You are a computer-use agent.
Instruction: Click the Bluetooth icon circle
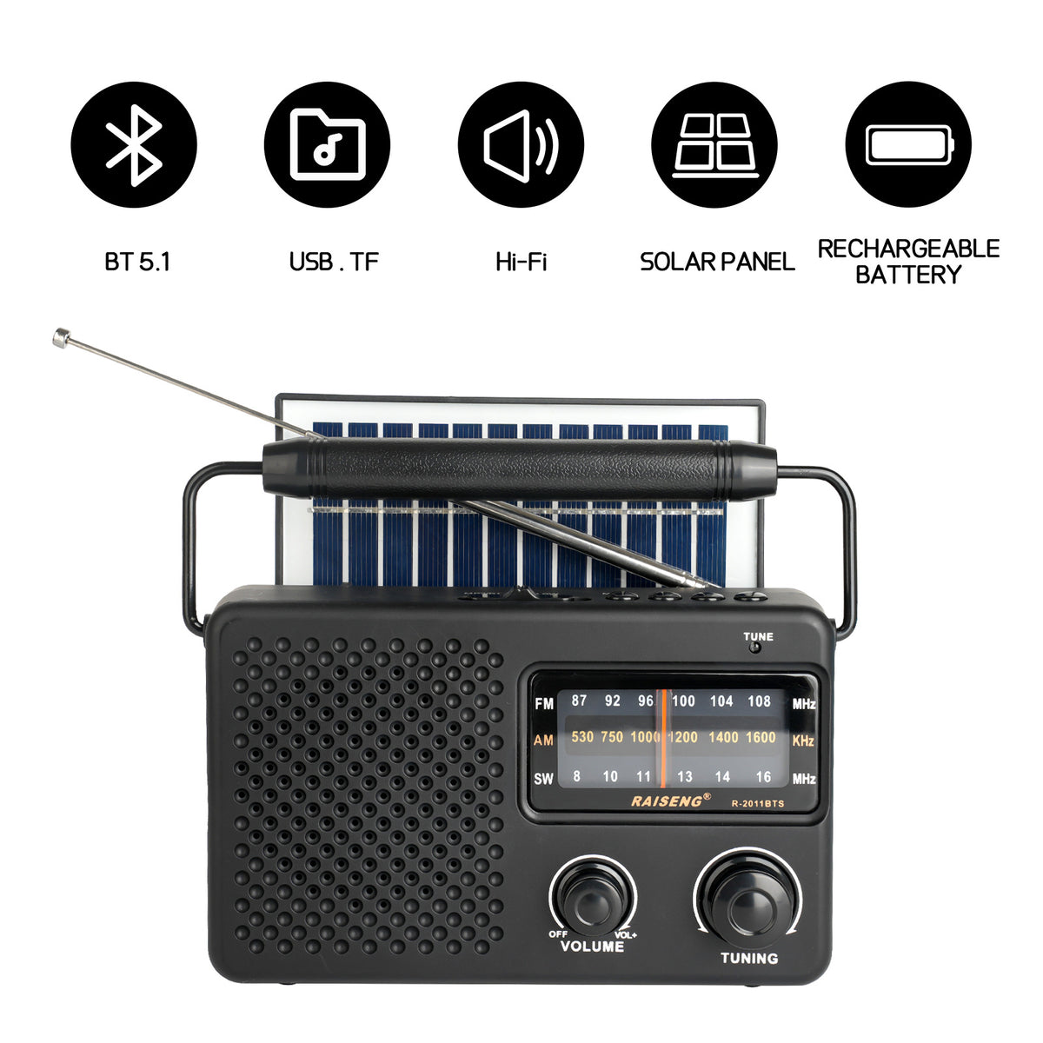[134, 144]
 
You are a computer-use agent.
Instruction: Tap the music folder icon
[327, 144]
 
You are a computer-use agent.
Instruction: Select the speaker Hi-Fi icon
[521, 144]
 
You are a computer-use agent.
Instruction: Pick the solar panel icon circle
[714, 144]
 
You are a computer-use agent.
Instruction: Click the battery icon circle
[908, 144]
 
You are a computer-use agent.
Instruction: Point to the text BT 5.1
[137, 262]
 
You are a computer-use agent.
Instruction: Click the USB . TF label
[334, 262]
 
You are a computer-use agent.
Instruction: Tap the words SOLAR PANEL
[717, 262]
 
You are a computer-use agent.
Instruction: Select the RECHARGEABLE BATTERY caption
[908, 262]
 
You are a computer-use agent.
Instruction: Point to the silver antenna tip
[60, 336]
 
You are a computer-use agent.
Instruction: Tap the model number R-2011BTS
[757, 803]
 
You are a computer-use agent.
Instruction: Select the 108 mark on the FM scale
[759, 701]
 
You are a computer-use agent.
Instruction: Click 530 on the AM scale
[582, 737]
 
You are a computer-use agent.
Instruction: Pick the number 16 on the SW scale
[762, 777]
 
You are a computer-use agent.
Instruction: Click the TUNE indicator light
[757, 648]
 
